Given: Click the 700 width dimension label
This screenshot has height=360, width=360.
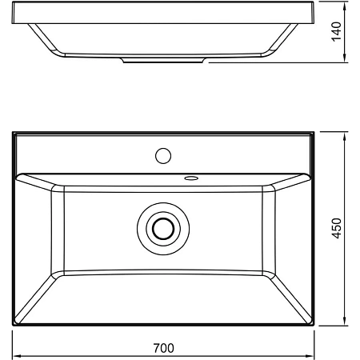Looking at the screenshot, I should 163,348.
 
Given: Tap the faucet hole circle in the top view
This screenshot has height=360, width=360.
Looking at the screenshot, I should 164,154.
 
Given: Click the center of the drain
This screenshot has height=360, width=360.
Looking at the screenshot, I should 163,228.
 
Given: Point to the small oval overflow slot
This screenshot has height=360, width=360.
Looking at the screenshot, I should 193,178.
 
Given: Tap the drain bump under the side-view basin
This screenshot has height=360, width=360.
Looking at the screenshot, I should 163,59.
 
